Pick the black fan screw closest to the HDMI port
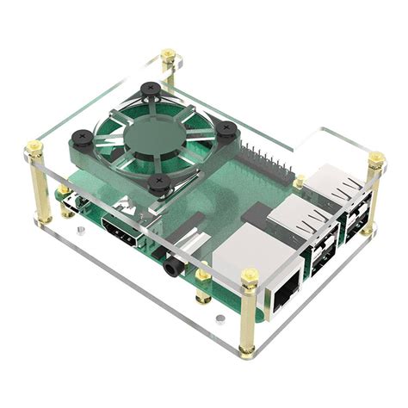pos(158,182)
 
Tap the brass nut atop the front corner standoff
pos(250,277)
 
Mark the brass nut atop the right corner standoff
pos(376,159)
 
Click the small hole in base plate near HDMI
pos(80,232)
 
